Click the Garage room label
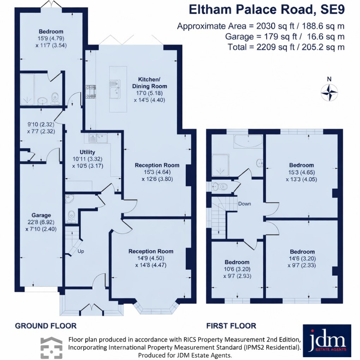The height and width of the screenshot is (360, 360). [x=41, y=215]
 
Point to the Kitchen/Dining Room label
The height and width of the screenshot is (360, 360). [x=150, y=83]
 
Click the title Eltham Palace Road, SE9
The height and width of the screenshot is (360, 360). [x=266, y=10]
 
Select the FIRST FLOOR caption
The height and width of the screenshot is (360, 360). [x=231, y=326]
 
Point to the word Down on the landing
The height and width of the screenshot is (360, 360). [x=245, y=204]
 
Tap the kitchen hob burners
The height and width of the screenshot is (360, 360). [x=89, y=91]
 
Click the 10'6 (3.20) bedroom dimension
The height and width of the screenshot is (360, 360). [x=237, y=269]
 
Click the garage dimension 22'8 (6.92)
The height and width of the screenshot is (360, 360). [x=41, y=222]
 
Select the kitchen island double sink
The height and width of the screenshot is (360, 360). [x=114, y=89]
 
